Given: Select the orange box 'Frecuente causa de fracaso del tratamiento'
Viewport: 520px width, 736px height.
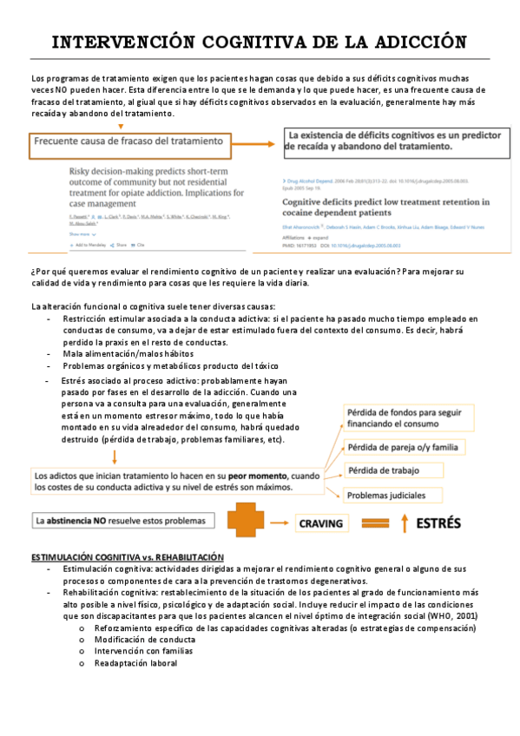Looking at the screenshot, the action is coord(129,145).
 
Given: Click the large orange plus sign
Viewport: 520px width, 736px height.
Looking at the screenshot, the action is coord(246,523).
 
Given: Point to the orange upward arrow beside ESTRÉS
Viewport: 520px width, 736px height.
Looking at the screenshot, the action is coord(379,523).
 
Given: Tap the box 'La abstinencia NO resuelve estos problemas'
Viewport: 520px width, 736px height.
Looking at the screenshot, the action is coord(121,521).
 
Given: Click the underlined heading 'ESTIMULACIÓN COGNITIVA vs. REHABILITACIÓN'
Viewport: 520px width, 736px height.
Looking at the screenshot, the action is coord(128,556).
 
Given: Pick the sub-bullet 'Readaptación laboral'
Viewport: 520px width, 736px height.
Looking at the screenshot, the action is coord(136,663).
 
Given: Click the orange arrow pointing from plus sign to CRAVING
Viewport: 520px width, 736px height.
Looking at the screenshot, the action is coord(280,523).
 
